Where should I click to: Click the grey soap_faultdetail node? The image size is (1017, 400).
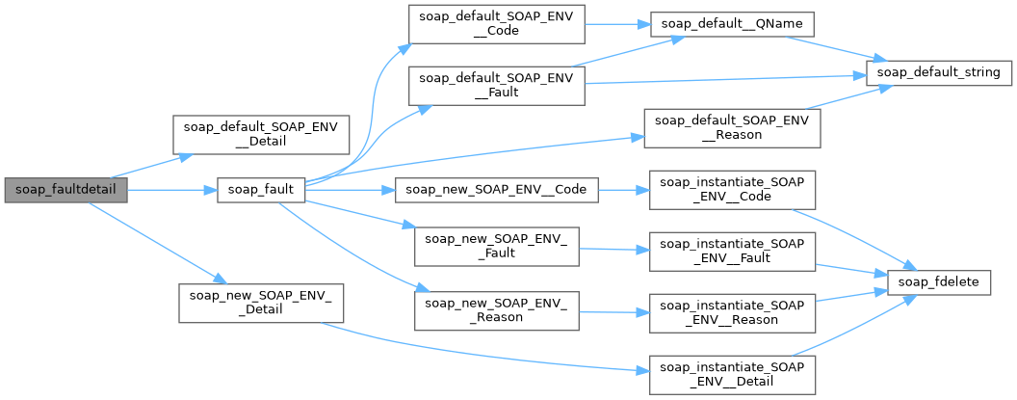pos(65,190)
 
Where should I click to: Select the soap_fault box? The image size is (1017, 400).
pos(261,190)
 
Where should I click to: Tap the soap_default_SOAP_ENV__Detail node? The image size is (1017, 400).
pos(260,135)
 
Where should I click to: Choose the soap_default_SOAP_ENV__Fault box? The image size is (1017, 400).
pos(497,84)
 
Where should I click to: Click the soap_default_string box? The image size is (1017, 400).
pos(938,72)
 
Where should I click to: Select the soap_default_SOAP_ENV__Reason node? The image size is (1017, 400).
pos(731,128)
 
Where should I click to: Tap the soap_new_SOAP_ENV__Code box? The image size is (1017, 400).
pos(497,190)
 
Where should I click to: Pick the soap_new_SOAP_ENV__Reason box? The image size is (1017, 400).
pos(497,308)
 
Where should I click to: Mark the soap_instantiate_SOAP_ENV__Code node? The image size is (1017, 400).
pos(733,190)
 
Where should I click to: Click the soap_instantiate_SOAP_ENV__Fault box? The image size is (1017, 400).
pos(733,253)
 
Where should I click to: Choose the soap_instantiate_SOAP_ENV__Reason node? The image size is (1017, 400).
pos(733,308)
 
